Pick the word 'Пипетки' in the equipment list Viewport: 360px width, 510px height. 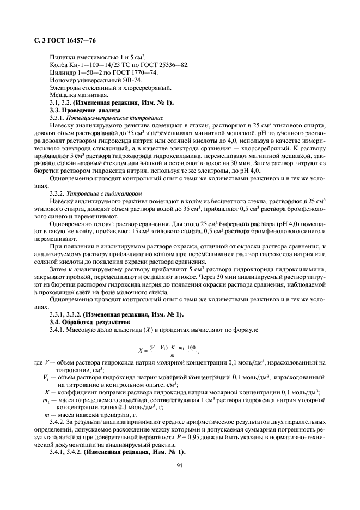[62, 57]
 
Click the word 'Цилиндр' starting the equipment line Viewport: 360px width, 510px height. [62, 72]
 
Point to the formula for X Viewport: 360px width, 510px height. [168, 350]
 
